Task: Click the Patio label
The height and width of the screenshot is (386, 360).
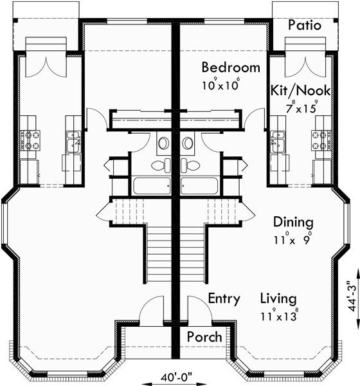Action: pos(304,25)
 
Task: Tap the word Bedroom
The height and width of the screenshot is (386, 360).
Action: pos(231,68)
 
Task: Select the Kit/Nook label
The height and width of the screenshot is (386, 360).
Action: pos(301,91)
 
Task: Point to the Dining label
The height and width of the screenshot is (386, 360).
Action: pos(293,223)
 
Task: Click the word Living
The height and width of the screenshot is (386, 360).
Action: pos(278,299)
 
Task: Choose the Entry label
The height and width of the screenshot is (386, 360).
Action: pos(224,299)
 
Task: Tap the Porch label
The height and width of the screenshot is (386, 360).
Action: pos(204,337)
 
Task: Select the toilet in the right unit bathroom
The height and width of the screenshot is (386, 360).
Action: pos(188,143)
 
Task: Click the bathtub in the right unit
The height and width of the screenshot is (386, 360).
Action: pos(200,187)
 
